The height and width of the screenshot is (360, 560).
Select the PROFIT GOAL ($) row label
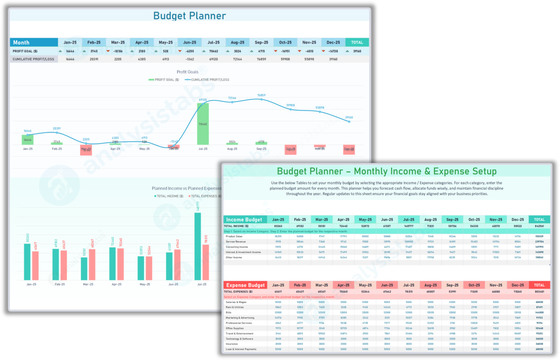(26, 51)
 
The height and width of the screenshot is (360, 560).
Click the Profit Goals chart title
(187, 72)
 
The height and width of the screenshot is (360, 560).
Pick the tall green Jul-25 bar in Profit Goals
(203, 124)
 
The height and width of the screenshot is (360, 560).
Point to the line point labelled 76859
(261, 99)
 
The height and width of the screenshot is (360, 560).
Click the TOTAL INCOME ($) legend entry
(168, 196)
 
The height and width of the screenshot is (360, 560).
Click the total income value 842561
(539, 226)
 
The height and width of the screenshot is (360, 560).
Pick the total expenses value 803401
(539, 291)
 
